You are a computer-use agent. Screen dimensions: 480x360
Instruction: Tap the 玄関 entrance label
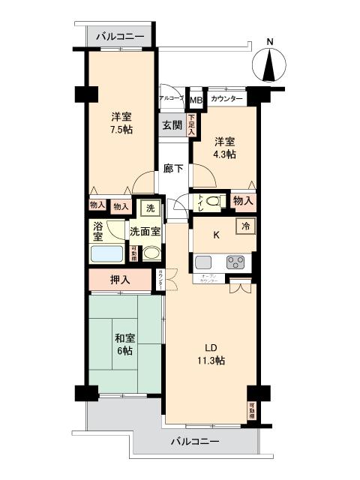[172, 125]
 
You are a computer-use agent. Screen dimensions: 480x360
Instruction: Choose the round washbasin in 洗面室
[152, 253]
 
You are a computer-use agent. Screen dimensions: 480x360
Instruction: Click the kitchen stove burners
[235, 262]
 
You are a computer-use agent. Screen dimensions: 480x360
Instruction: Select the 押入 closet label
[120, 280]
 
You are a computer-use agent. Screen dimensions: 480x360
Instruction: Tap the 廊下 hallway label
[173, 169]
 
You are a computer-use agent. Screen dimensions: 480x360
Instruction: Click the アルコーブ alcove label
[172, 98]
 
